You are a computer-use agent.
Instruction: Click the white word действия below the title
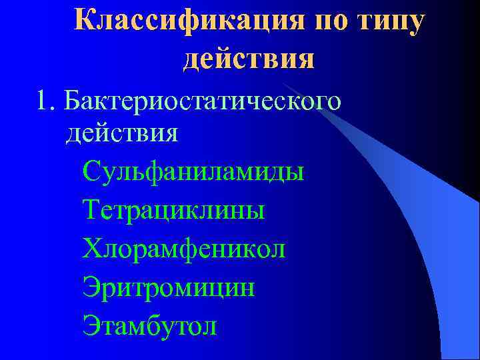click(x=121, y=133)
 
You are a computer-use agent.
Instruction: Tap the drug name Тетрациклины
click(x=174, y=210)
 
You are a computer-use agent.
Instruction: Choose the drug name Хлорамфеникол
click(x=184, y=249)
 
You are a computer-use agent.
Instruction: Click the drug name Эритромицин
click(x=169, y=287)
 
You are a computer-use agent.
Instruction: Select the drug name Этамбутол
click(x=150, y=326)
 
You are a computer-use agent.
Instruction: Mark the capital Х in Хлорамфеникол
click(x=91, y=249)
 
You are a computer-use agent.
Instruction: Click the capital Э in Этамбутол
click(x=91, y=326)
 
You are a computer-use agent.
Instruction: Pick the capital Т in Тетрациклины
click(x=91, y=210)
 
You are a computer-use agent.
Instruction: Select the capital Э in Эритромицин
click(x=91, y=287)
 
